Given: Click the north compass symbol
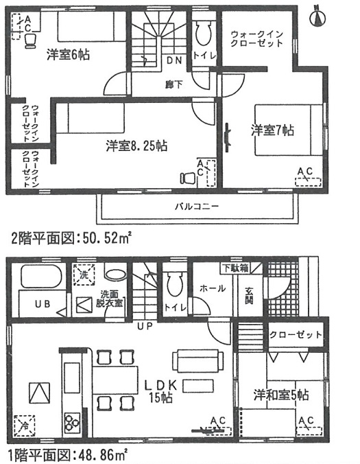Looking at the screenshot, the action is click(x=317, y=18).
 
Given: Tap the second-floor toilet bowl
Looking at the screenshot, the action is click(x=204, y=32).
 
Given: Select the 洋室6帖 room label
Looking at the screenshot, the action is click(x=68, y=55).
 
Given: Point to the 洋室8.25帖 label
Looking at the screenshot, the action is click(x=136, y=146).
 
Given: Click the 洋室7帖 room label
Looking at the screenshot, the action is click(x=272, y=130).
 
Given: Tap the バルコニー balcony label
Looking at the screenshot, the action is click(x=197, y=207).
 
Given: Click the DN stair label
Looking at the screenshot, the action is click(x=174, y=60).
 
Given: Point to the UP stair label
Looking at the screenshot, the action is click(x=145, y=327).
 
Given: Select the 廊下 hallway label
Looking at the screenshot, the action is click(x=173, y=85).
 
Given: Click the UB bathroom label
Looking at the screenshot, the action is click(x=43, y=304).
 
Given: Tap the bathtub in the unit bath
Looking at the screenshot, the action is click(x=41, y=277).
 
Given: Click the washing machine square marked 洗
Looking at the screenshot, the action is click(x=84, y=275).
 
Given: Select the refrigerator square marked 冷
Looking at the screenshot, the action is click(x=25, y=426).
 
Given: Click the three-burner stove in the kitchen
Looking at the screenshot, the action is click(x=73, y=422).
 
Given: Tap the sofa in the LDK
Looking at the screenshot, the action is click(x=197, y=360).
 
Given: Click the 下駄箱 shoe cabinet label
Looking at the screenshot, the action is click(x=236, y=268).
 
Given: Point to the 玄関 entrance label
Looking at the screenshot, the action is click(x=249, y=296).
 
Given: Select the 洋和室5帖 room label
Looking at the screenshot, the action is click(x=281, y=395).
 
